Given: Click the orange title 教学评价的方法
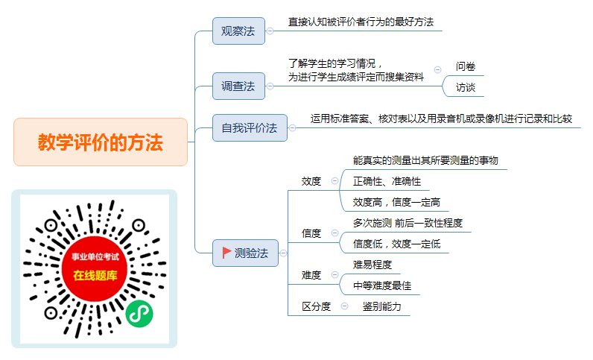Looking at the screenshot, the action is click(x=101, y=142).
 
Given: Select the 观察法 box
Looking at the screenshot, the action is click(x=238, y=31).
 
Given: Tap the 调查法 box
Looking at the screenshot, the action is click(x=238, y=86).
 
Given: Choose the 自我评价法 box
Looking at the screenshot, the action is click(x=250, y=128).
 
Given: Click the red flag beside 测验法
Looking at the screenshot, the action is click(x=226, y=253).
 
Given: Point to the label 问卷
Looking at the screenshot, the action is click(x=465, y=66).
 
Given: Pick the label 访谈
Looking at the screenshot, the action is click(x=465, y=87).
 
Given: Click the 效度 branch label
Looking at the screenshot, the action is click(x=311, y=181).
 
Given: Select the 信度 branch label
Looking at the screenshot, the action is click(x=311, y=233).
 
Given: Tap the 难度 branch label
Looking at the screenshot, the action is click(x=311, y=275).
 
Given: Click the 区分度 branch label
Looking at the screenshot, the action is click(x=316, y=306).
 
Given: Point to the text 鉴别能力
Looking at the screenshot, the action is click(x=381, y=306).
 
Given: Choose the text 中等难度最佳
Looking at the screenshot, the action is click(x=382, y=285).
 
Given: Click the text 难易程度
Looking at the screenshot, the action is click(x=372, y=265).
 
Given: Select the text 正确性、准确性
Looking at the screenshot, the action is click(x=387, y=181).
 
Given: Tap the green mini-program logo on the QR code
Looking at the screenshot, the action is click(x=139, y=314).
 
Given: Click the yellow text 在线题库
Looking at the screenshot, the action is click(x=95, y=276).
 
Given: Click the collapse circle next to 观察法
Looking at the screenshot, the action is click(x=270, y=31).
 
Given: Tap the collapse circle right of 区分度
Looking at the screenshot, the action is click(x=344, y=306).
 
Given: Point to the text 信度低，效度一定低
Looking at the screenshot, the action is click(x=397, y=244).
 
